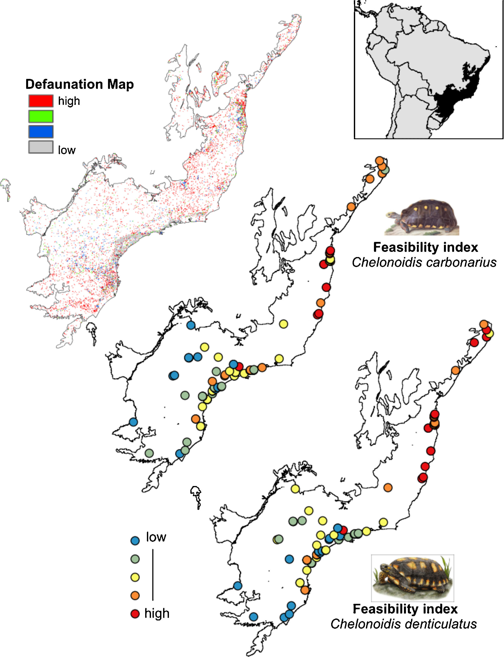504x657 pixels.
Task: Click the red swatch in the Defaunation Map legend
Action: pos(41,101)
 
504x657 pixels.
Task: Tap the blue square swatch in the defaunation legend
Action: pos(41,131)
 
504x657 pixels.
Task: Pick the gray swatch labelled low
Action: pos(41,147)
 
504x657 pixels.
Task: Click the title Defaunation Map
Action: pos(79,84)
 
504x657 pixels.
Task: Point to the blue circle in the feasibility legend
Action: pos(135,540)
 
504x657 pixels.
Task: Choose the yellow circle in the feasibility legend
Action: pos(135,577)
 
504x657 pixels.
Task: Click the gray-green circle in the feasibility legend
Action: pos(135,559)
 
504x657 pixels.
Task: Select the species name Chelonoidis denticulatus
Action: pos(404,624)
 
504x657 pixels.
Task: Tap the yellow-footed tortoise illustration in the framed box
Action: pos(412,578)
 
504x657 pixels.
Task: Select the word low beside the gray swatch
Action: pos(67,150)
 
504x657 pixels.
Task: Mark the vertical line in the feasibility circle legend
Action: pos(153,575)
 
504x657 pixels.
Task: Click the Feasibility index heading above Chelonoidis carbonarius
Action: pos(425,247)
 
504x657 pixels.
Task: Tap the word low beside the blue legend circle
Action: pos(156,537)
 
